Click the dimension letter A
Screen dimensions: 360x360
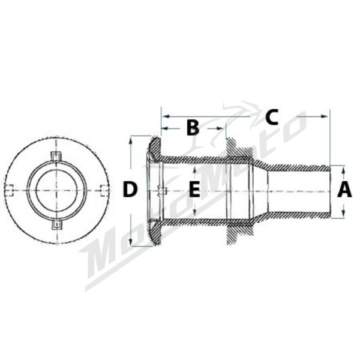click(x=344, y=189)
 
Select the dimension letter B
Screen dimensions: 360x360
click(x=193, y=127)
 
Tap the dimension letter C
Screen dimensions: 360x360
click(x=272, y=117)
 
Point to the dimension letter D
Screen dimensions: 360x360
click(x=130, y=189)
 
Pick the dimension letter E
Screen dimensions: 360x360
click(x=194, y=189)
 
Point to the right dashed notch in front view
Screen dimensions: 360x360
click(x=104, y=190)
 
